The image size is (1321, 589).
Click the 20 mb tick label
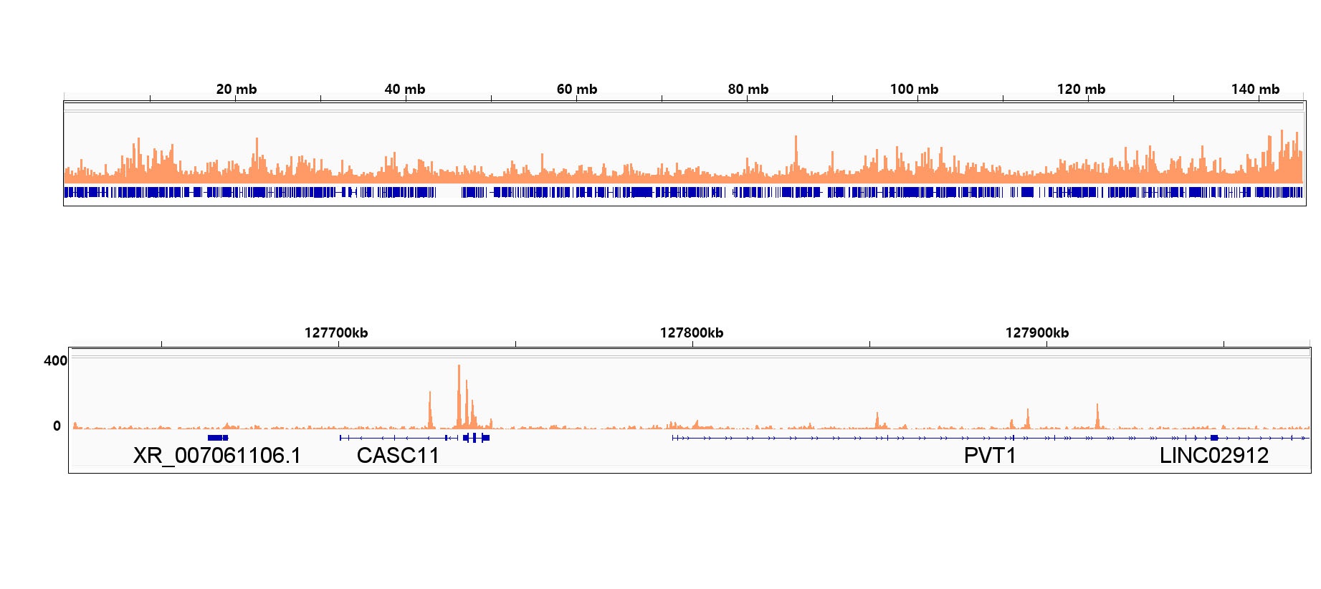click(x=236, y=90)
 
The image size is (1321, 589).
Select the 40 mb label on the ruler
click(x=404, y=90)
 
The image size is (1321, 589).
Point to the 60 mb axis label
click(x=576, y=90)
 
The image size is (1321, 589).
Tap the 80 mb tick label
click(x=748, y=90)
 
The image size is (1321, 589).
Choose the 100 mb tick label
click(x=914, y=90)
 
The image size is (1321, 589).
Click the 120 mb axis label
click(x=1081, y=90)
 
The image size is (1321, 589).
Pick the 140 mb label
click(x=1255, y=90)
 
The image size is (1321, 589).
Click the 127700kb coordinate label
click(x=336, y=333)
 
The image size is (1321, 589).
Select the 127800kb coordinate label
click(x=692, y=333)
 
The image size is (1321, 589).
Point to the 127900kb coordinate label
click(x=1037, y=333)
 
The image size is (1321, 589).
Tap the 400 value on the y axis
click(x=55, y=361)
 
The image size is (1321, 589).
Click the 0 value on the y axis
click(x=57, y=426)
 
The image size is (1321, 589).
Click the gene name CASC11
click(x=398, y=456)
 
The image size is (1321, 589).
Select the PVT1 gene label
click(x=990, y=456)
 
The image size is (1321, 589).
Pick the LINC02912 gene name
click(x=1213, y=456)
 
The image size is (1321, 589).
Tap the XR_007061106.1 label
click(x=217, y=456)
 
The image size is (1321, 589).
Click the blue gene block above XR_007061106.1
click(x=217, y=438)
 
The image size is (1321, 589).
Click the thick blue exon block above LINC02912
click(x=1214, y=438)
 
